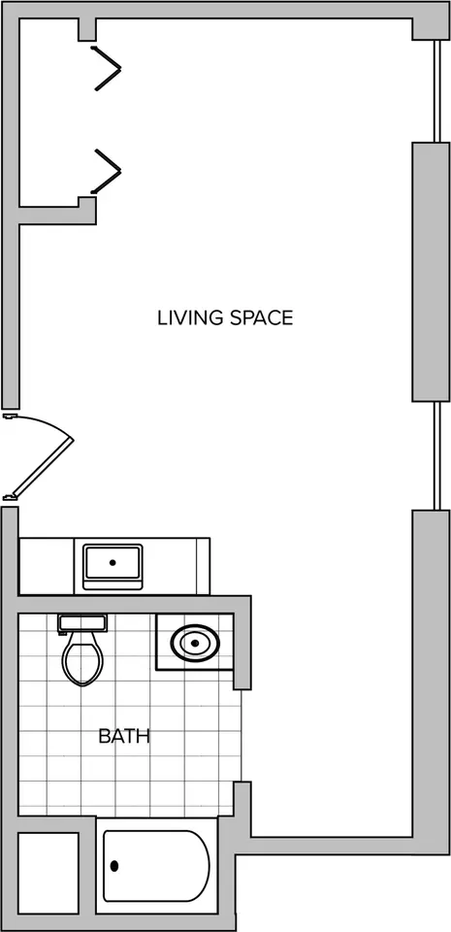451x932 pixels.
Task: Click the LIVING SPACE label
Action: tap(225, 318)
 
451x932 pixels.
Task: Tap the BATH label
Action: tap(124, 737)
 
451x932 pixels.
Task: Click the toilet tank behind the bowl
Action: tap(82, 623)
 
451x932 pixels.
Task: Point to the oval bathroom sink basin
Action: tap(195, 643)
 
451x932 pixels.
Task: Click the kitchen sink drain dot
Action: tap(113, 562)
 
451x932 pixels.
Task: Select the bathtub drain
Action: tap(114, 866)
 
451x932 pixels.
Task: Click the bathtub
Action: tap(156, 865)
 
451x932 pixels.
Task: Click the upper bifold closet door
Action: tap(108, 68)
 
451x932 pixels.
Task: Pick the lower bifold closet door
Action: tap(108, 171)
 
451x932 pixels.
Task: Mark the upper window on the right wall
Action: tap(437, 91)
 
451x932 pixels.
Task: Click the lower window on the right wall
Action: tap(437, 456)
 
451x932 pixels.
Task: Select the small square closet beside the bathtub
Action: tap(48, 873)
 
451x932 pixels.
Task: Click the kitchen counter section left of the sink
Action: tap(47, 566)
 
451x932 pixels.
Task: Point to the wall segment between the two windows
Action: tap(432, 272)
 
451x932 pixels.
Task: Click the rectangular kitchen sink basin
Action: tap(113, 563)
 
